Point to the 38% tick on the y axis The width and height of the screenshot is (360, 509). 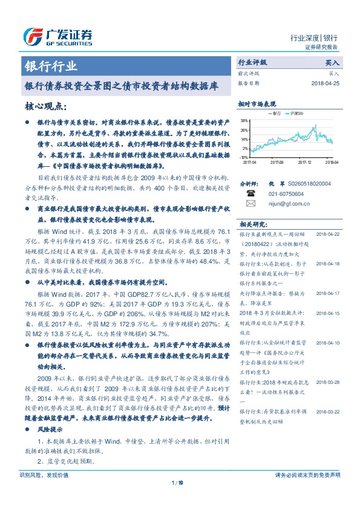[x=244, y=120]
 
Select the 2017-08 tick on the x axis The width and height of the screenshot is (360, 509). [x=277, y=162]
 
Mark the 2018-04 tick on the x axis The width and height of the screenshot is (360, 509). [x=331, y=162]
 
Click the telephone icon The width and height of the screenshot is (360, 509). [x=250, y=193]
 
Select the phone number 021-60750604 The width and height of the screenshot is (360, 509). [x=287, y=193]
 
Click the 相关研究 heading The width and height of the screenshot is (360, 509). [x=254, y=224]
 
